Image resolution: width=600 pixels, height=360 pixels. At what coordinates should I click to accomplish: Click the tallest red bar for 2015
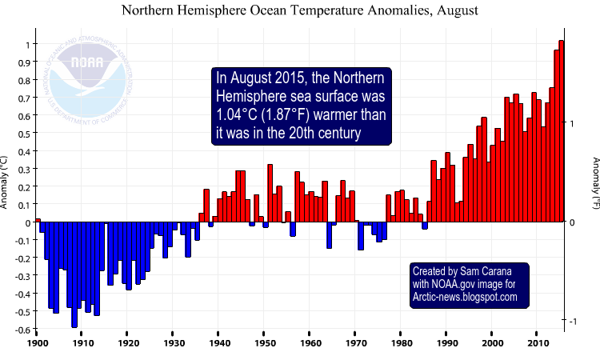click(561, 132)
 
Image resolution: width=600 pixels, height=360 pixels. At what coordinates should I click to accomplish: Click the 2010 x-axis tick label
click(538, 342)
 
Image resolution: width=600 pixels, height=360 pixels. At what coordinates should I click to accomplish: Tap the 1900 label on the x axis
click(38, 342)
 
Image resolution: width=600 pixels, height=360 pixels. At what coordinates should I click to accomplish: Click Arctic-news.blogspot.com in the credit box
click(465, 297)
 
